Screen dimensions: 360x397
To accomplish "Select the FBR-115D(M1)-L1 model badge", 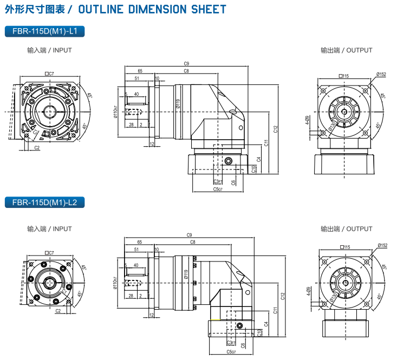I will click(x=44, y=31).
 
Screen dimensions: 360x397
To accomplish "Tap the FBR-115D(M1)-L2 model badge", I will click(x=44, y=203).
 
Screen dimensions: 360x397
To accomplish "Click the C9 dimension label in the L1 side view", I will click(x=186, y=64).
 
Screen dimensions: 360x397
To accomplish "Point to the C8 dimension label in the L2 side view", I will click(x=193, y=243).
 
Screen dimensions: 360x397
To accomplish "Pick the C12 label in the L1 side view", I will click(x=275, y=129).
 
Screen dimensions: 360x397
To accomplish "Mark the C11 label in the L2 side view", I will click(x=276, y=310).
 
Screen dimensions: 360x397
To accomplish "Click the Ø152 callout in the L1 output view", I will click(x=381, y=75).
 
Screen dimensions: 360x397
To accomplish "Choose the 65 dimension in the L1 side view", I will click(x=140, y=71).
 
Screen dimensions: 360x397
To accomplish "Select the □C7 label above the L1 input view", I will click(x=49, y=74).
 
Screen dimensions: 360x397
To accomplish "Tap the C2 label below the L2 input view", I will click(x=58, y=312).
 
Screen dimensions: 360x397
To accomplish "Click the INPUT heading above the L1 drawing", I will click(x=49, y=50).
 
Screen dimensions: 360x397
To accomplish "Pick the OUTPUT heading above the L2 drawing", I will click(x=346, y=229).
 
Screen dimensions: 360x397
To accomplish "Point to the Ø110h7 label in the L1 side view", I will click(x=115, y=112).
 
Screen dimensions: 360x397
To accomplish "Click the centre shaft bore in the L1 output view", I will click(x=344, y=112).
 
